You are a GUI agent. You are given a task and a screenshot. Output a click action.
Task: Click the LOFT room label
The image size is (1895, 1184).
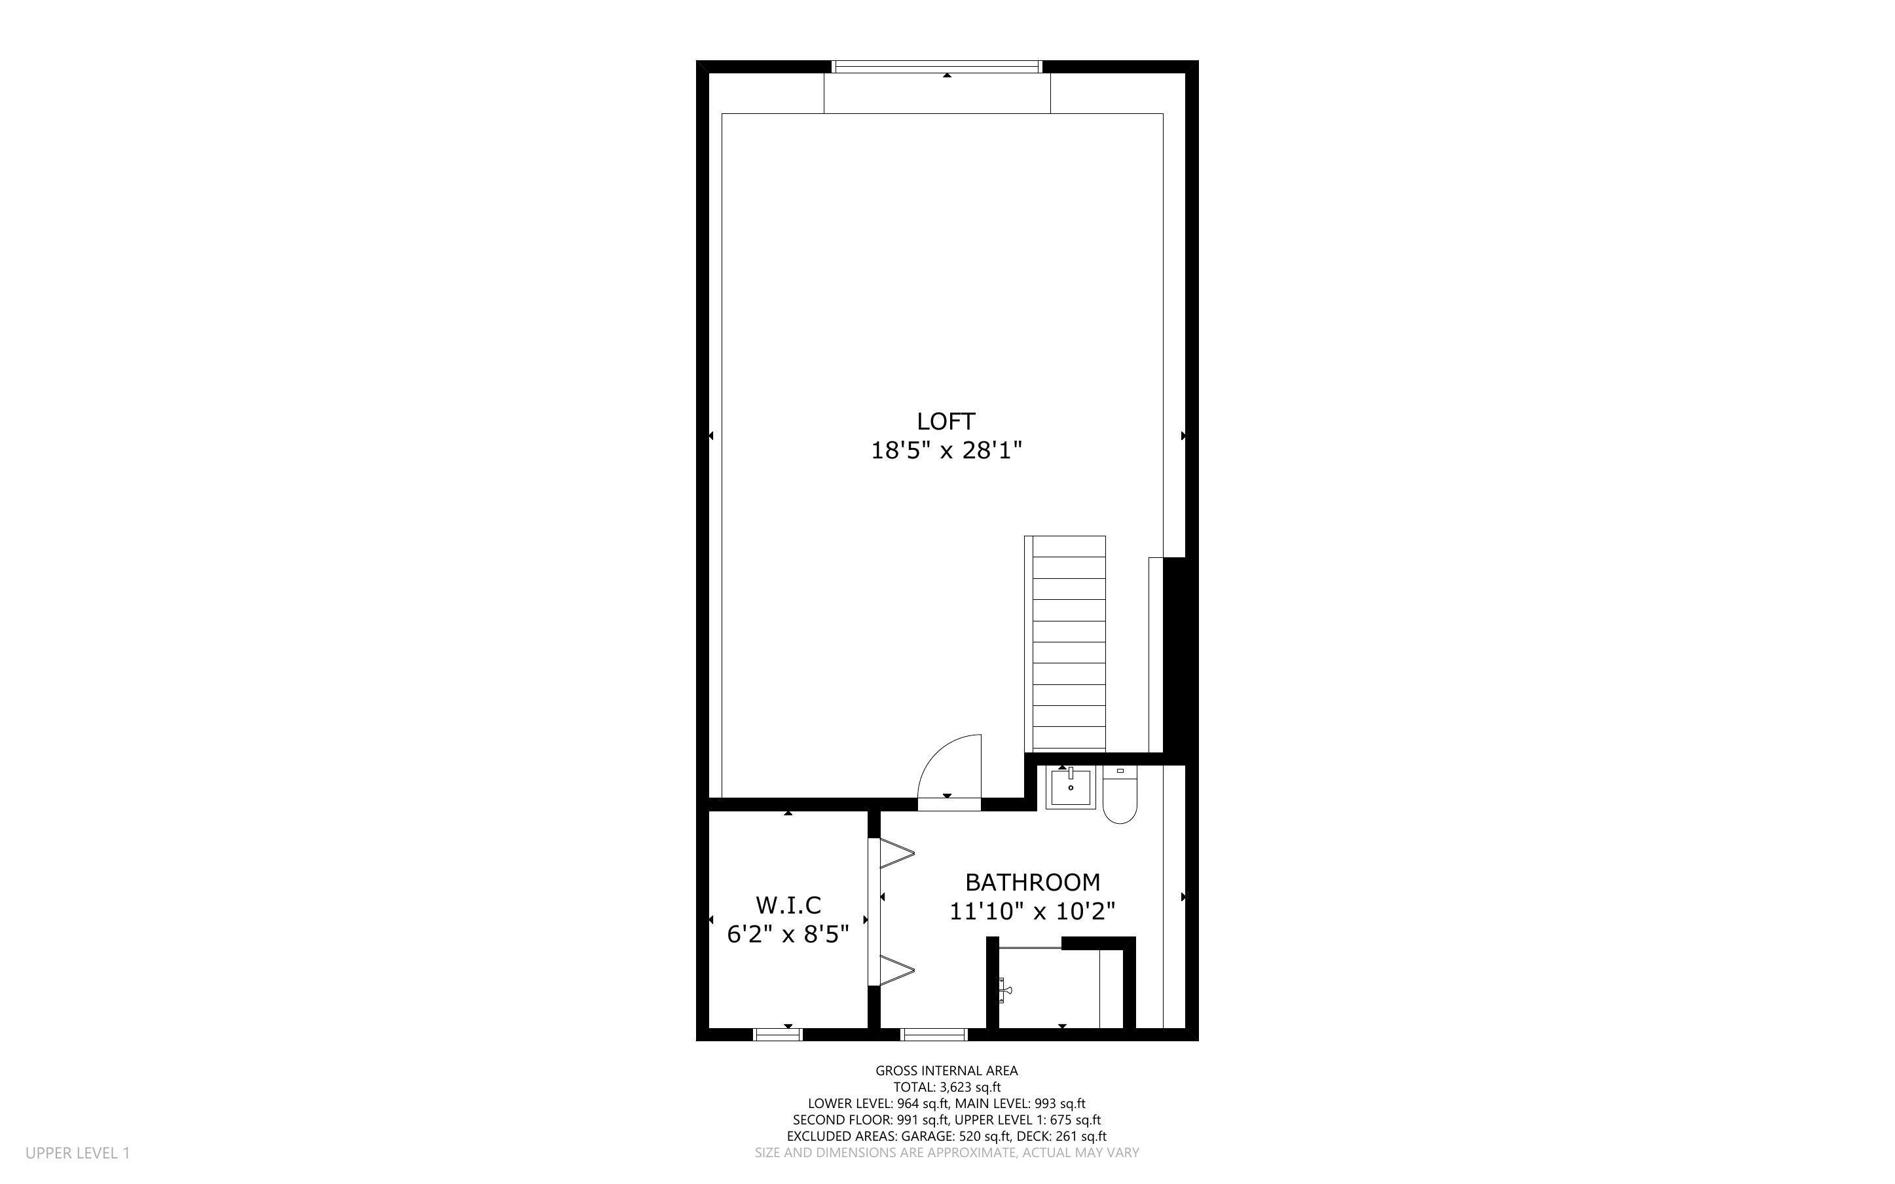coord(946,421)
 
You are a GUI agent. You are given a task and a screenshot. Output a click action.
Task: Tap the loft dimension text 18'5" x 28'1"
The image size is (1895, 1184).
coord(946,451)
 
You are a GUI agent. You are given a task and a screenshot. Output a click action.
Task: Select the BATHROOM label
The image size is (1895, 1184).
coord(1033,883)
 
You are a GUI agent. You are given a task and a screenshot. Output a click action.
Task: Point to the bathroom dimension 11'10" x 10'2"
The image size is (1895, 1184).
coord(1032,912)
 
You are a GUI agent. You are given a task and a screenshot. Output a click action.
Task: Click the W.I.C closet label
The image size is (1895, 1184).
coord(788,905)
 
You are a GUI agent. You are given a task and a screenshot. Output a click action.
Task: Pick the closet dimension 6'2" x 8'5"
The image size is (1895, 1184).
coord(788,934)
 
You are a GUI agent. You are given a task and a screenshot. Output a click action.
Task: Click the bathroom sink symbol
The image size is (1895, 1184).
coord(1070,788)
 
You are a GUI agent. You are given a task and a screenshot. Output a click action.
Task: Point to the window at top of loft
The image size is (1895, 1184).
coord(937,67)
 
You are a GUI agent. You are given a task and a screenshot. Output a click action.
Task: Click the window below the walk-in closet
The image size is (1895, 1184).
coord(777,1035)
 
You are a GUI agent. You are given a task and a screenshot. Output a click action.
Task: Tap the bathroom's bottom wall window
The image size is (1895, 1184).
coord(934,1035)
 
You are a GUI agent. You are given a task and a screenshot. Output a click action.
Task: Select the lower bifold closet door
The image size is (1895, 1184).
coord(897,969)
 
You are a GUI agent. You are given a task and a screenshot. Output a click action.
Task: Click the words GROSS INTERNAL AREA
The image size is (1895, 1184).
coord(946,1071)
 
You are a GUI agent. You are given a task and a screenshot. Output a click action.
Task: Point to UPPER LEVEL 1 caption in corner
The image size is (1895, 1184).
coord(77,1153)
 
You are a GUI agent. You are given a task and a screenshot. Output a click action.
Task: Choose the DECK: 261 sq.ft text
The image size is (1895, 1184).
coord(1061,1136)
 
